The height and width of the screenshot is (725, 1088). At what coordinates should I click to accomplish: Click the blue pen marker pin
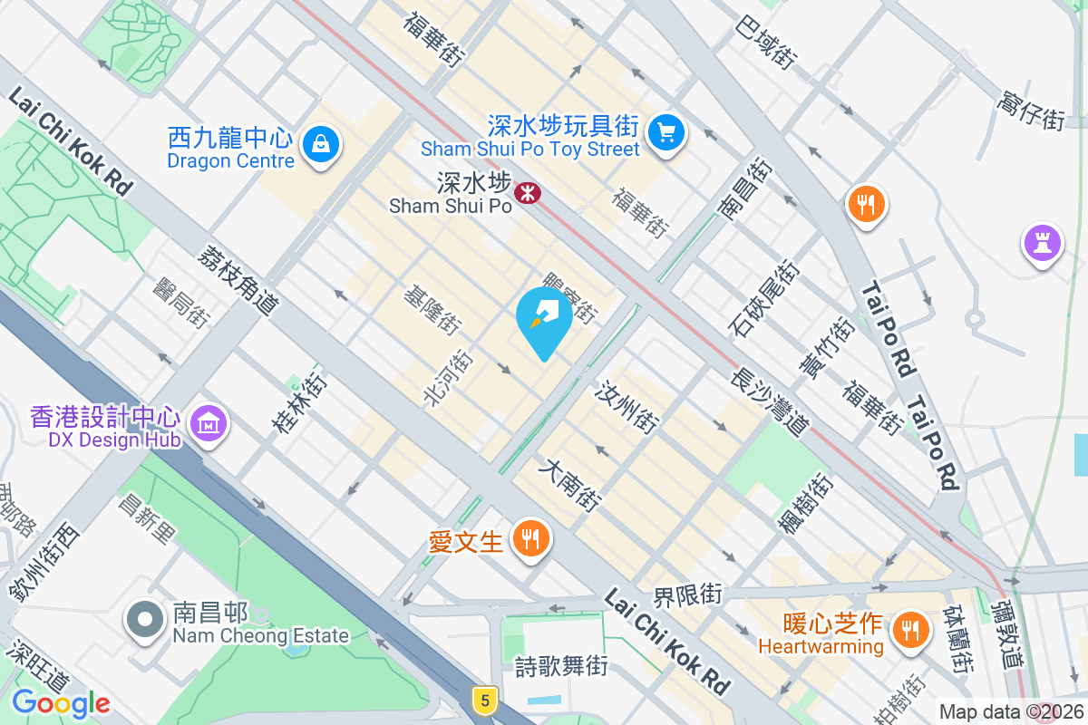[543, 318]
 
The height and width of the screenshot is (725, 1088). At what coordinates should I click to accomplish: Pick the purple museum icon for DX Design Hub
[209, 422]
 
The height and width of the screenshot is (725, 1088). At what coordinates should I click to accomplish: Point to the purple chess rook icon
[1042, 242]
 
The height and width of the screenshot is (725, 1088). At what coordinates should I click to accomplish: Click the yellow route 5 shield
[486, 700]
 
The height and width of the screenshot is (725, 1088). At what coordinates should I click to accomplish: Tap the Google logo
[61, 702]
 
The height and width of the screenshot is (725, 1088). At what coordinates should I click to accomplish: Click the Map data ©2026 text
[1010, 711]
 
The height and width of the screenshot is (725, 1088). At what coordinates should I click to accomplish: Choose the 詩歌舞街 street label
[560, 667]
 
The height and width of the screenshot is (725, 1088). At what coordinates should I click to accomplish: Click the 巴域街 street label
[767, 43]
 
